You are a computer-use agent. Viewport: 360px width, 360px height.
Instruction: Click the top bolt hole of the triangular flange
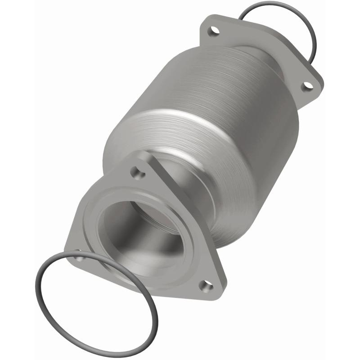click(x=136, y=171)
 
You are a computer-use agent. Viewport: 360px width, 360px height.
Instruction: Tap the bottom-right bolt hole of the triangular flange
click(x=206, y=285)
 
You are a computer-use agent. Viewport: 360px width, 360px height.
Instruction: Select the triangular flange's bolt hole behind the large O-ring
click(x=79, y=257)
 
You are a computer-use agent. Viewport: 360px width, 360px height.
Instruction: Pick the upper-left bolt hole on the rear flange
click(x=212, y=31)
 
